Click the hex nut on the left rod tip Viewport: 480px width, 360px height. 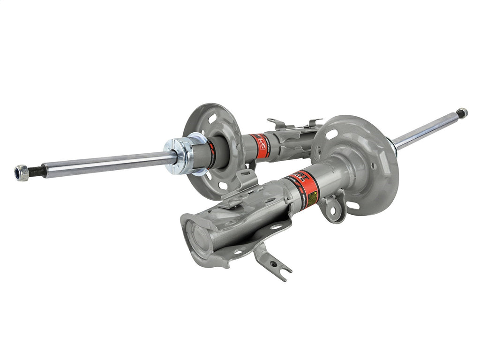coord(21,173)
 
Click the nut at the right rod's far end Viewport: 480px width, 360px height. coord(462,113)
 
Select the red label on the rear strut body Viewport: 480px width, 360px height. coord(259,142)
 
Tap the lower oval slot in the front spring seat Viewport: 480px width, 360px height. coord(353,205)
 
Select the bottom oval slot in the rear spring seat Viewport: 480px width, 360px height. coord(224,185)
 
